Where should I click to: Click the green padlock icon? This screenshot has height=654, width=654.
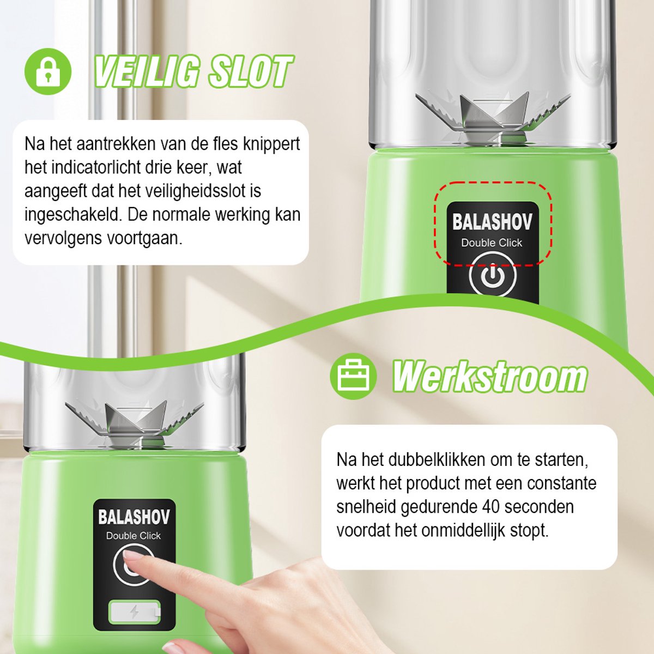pos(48,71)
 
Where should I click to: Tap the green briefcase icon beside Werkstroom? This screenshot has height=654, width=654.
pos(353,376)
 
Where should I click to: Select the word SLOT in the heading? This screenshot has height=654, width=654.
pos(250,72)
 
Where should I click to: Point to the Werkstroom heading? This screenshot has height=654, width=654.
pos(490,377)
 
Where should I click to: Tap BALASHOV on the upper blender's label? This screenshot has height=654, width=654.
pos(492,222)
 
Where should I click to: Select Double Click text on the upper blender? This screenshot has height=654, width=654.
pos(492,243)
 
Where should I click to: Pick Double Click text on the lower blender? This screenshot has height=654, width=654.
pos(134,536)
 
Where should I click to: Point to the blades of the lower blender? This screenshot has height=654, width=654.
pos(135,421)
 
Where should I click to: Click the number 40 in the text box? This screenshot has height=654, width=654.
pos(491,507)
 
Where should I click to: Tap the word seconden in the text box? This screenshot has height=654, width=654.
pos(540,507)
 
